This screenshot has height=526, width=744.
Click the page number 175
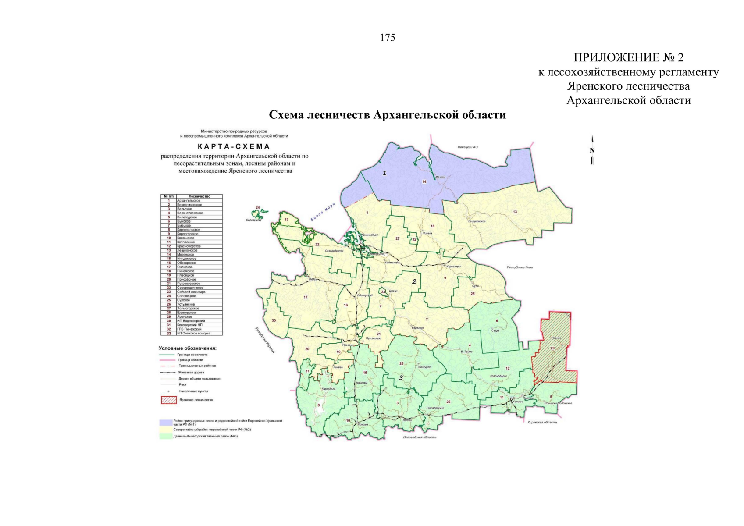click(387, 38)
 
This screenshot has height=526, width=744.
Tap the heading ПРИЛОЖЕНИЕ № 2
click(628, 57)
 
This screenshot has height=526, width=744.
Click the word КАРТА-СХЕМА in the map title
click(234, 147)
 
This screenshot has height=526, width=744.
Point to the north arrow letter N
click(592, 150)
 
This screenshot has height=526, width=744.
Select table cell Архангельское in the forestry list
click(189, 201)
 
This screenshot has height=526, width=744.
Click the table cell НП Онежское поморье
click(193, 333)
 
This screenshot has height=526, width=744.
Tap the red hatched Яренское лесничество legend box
click(169, 400)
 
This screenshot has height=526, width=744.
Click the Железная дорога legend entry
click(190, 372)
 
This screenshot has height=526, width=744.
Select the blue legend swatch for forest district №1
click(166, 422)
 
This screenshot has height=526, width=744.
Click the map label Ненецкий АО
click(468, 147)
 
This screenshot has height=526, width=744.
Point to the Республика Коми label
click(520, 267)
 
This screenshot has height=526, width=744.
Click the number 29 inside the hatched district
click(552, 348)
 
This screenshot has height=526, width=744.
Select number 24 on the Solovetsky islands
click(258, 207)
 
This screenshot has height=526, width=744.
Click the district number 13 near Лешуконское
click(515, 212)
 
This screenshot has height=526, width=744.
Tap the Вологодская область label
click(420, 437)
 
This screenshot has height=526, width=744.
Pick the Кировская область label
click(542, 422)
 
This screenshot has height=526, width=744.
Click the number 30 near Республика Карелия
click(274, 320)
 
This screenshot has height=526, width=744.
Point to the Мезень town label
click(440, 177)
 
